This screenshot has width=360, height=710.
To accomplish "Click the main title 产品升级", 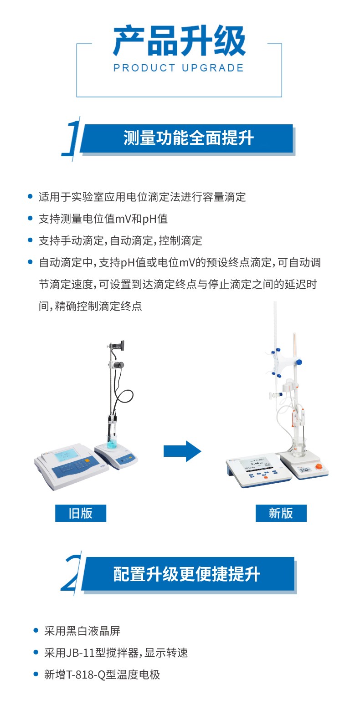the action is tap(179, 41).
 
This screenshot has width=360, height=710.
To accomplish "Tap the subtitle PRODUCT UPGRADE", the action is tap(179, 68).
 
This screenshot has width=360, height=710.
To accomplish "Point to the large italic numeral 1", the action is tap(72, 138).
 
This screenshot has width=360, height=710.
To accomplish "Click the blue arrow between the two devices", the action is tap(182, 451).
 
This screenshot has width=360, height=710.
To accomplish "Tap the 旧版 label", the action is tap(81, 513).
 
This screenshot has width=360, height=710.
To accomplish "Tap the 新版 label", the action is tap(281, 513).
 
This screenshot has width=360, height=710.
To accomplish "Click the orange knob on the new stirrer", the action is tap(318, 466).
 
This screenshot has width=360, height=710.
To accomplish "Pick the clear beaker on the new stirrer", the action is tap(299, 447).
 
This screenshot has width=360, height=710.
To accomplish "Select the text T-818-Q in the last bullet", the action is tap(85, 675).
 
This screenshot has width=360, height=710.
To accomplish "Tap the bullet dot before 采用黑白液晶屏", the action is tap(36, 631).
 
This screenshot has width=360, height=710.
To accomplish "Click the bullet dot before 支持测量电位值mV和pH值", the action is tap(30, 218).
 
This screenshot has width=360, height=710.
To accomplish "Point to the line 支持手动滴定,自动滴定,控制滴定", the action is tap(120, 240).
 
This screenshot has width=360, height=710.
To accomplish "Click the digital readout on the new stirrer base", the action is tap(305, 470).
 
